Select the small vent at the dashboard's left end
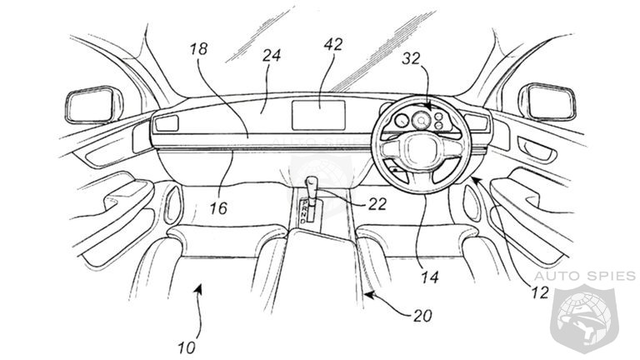(167, 123)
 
